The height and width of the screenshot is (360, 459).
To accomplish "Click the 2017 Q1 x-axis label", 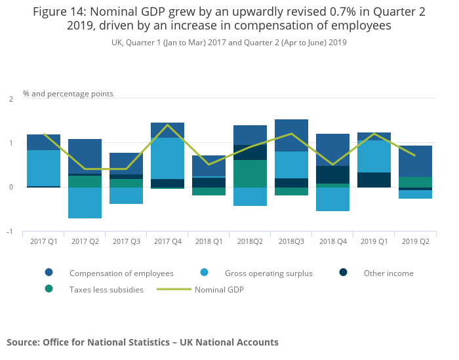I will coord(43,241).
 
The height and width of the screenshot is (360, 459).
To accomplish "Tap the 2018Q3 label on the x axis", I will coord(291,241).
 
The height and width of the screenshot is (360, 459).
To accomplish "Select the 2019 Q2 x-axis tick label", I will coord(415,241).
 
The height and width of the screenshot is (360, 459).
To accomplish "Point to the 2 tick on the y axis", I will coord(10,99).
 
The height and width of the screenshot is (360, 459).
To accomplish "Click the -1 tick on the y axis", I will coord(10,232).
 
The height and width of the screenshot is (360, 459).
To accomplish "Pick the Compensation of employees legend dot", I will coord(49,273).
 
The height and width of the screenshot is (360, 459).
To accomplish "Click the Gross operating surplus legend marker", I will coord(204,273).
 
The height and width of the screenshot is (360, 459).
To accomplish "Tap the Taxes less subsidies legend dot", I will coord(49,289).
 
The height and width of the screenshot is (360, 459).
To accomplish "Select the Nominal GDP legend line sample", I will coord(174,289).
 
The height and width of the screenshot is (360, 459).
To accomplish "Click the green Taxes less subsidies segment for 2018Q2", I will coord(250,174).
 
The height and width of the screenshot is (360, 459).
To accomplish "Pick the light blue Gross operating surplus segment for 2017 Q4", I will coord(167,158).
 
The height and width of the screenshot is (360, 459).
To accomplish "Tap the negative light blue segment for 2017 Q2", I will coord(85,203).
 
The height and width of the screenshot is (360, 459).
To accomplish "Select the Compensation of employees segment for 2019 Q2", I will coord(415,161).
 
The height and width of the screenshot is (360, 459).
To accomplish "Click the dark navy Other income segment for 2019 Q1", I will coord(374,180).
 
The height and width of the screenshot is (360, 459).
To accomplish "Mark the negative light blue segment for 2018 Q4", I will coord(332,199).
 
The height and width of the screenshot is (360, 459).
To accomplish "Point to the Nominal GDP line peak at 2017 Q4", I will coord(167,125).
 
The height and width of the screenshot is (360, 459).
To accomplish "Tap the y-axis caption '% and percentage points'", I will coord(68,94).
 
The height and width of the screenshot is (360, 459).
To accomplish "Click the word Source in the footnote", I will coord(22,342).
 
